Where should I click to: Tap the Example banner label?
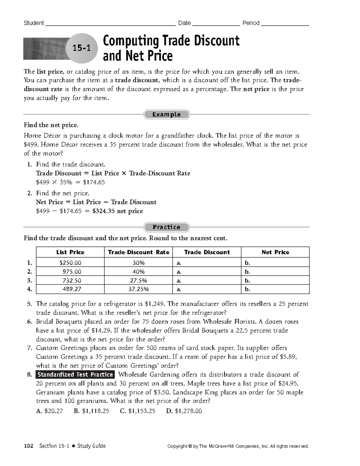[166, 114]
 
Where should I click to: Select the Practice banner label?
[166, 227]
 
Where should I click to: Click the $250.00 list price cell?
[70, 263]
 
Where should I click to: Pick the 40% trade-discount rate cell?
[139, 272]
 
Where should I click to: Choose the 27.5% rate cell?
[139, 281]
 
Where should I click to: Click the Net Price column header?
[275, 252]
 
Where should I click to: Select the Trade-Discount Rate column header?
[139, 252]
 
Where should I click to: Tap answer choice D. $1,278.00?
[184, 411]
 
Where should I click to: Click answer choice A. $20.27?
[49, 411]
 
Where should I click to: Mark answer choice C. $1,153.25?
[138, 411]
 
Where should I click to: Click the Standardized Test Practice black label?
[75, 374]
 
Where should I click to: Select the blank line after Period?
[285, 23]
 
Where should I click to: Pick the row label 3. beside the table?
[29, 281]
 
